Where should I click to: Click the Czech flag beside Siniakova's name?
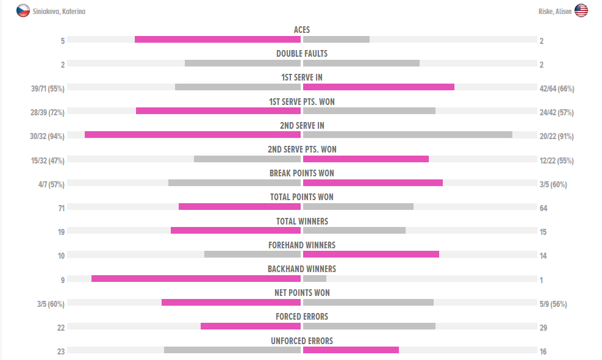pyautogui.click(x=23, y=10)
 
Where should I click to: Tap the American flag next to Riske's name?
pyautogui.click(x=581, y=10)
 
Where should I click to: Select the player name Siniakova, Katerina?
pyautogui.click(x=59, y=11)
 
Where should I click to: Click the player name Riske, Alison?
pyautogui.click(x=555, y=11)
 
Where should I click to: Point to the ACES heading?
pyautogui.click(x=302, y=30)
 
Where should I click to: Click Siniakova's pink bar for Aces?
pyautogui.click(x=218, y=40)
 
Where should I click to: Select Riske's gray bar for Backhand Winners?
pyautogui.click(x=315, y=279)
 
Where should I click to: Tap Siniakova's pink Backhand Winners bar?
pyautogui.click(x=196, y=279)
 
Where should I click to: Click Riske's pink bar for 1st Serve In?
pyautogui.click(x=379, y=87)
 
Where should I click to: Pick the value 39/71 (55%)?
pyautogui.click(x=48, y=88)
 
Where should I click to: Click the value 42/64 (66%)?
pyautogui.click(x=557, y=88)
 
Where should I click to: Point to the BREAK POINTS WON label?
pyautogui.click(x=302, y=173)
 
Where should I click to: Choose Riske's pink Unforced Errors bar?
pyautogui.click(x=351, y=350)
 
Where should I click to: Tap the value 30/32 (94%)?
pyautogui.click(x=48, y=136)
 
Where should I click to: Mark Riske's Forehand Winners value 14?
pyautogui.click(x=543, y=256)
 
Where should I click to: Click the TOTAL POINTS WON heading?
pyautogui.click(x=302, y=197)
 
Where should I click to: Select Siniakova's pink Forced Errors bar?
pyautogui.click(x=251, y=326)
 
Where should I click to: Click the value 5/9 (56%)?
pyautogui.click(x=553, y=304)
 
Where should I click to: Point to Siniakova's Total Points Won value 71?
pyautogui.click(x=61, y=208)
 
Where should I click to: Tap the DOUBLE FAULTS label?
pyautogui.click(x=302, y=54)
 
